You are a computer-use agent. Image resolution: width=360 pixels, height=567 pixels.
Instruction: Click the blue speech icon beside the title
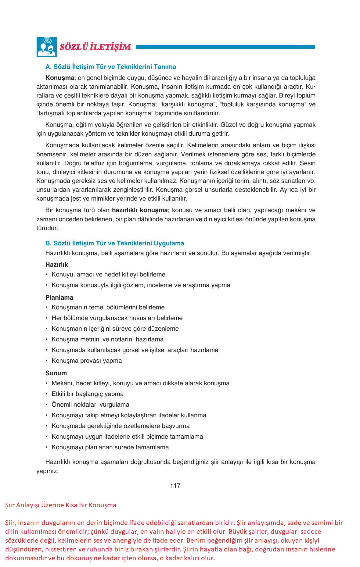pos(46,47)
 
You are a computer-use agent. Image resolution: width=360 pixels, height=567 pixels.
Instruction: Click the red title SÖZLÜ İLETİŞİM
pos(95,47)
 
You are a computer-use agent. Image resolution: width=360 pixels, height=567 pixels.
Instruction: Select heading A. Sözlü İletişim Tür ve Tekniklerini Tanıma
pos(110,67)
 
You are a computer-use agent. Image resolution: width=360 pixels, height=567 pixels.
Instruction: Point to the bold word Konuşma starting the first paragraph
pos(60,77)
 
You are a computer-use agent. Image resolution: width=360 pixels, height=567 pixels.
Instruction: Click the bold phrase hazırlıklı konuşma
pos(140,210)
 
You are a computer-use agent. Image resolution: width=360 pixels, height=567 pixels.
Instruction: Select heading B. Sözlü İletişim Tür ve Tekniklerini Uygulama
pos(115,243)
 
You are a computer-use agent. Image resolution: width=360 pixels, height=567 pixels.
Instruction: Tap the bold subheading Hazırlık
pos(57,264)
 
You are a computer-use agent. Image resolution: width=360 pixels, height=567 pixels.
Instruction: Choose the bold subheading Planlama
pos(59,297)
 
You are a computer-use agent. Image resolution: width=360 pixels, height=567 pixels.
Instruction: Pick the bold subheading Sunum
pos(56,373)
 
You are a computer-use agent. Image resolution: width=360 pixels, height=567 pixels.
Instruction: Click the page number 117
pos(175,486)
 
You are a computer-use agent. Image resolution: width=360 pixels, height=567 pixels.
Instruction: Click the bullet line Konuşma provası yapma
pos(87,361)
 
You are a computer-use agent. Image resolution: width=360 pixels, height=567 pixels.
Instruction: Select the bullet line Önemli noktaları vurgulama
pos(90,405)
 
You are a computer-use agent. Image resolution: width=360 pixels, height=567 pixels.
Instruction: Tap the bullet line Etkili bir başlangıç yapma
pos(88,394)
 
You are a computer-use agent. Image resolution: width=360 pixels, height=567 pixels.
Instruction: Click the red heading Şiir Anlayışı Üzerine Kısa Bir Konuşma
pos(61,505)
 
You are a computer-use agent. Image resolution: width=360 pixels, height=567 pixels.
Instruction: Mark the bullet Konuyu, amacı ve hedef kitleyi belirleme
pos(108,274)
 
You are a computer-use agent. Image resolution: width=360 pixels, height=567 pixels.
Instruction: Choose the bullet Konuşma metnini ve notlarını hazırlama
pos(107,339)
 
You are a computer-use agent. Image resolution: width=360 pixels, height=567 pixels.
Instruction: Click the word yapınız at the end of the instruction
pos(47,471)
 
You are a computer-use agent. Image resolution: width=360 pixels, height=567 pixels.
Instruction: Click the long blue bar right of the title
pos(225,47)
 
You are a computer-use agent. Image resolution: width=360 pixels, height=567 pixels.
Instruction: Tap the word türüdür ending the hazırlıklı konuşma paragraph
pos(47,228)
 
